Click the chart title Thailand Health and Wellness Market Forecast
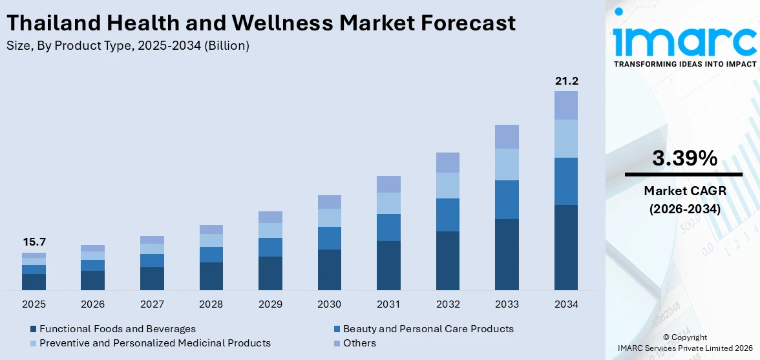(260, 23)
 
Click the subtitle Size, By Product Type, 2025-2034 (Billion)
(127, 46)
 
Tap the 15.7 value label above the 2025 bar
(34, 242)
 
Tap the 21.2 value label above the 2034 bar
(566, 81)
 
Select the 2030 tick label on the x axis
(330, 304)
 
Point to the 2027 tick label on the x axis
(152, 304)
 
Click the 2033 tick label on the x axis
(507, 304)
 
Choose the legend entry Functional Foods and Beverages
(117, 329)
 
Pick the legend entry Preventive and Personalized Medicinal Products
(154, 343)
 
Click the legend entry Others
(359, 343)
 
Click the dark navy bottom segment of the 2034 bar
(566, 248)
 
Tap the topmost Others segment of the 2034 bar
(566, 105)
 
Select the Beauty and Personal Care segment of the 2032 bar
(448, 215)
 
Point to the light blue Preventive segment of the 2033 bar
(507, 164)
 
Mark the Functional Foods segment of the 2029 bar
(270, 273)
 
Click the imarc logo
(684, 39)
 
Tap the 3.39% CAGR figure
(684, 158)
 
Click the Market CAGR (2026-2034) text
(684, 200)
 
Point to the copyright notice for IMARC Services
(684, 343)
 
